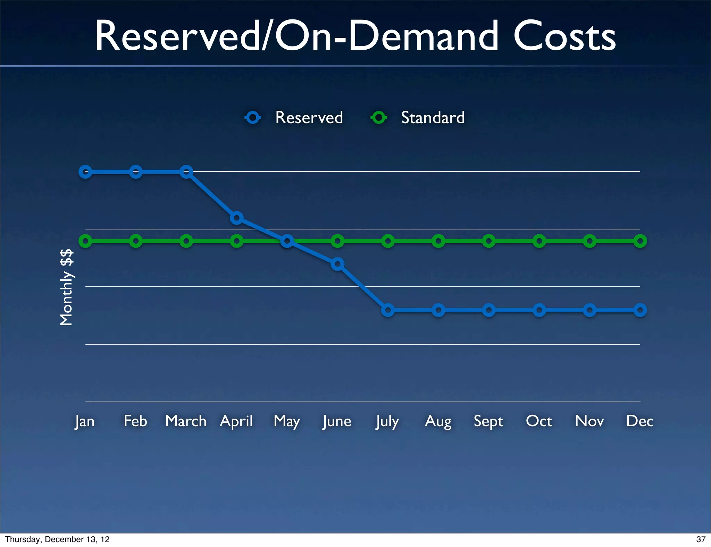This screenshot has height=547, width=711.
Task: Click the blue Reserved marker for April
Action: pos(236,218)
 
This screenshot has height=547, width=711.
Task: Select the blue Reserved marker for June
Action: pos(337,264)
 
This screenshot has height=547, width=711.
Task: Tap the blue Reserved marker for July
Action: pos(388,310)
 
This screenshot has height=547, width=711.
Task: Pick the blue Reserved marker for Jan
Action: pos(85,172)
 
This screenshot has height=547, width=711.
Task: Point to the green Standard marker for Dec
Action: pos(640,241)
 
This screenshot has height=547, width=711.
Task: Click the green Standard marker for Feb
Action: pos(136,241)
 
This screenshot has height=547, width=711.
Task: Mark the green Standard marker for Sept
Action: pos(489,241)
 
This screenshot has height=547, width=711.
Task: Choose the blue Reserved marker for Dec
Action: pos(640,310)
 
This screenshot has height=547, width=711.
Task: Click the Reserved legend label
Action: pos(309,118)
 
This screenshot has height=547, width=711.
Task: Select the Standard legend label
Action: pos(433,118)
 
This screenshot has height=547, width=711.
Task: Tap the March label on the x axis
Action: pos(186,421)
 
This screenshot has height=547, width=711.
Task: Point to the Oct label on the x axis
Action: pos(539,421)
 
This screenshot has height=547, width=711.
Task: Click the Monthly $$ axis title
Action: pos(66,287)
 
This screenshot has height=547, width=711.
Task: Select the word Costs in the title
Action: pos(564,36)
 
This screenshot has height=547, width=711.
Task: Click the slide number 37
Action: pos(701,539)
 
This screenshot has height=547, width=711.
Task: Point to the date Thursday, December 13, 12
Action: pos(57,539)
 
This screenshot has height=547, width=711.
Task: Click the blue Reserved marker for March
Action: pos(186,172)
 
